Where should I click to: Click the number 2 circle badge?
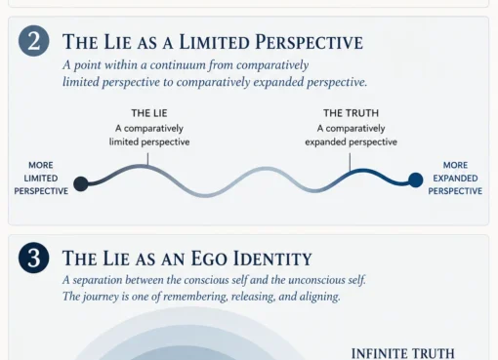[34, 41]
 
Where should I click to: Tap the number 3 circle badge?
[34, 258]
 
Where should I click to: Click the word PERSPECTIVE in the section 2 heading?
[309, 42]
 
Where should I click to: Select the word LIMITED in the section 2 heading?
[215, 42]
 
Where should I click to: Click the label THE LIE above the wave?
[149, 113]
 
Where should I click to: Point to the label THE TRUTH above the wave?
[351, 113]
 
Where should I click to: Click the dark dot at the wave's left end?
[81, 183]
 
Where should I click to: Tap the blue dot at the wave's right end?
[416, 180]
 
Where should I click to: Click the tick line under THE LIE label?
[147, 160]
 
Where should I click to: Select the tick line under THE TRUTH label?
[350, 162]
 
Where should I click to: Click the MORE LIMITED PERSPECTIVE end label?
[41, 179]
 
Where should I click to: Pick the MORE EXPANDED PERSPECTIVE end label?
[455, 179]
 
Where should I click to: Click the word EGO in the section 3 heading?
[209, 259]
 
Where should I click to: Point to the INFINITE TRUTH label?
[403, 353]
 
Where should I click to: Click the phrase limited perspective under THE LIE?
[149, 142]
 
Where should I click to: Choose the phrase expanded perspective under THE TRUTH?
[351, 142]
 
